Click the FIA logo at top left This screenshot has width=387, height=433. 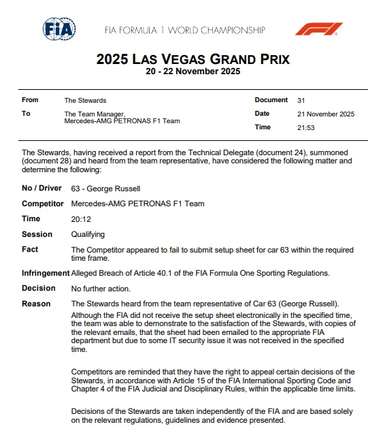pyautogui.click(x=59, y=29)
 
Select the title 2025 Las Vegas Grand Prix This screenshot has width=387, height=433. pyautogui.click(x=193, y=59)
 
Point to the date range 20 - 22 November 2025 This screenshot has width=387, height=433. pyautogui.click(x=193, y=71)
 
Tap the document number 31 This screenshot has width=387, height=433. pyautogui.click(x=301, y=100)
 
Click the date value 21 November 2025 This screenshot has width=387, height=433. pyautogui.click(x=326, y=114)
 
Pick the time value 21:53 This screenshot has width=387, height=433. pyautogui.click(x=306, y=127)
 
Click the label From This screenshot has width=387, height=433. pyautogui.click(x=30, y=100)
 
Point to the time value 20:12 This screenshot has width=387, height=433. pyautogui.click(x=81, y=219)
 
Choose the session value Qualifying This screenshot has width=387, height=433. pyautogui.click(x=88, y=234)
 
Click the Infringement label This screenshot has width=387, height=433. pyautogui.click(x=46, y=273)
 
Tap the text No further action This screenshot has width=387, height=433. pyautogui.click(x=100, y=288)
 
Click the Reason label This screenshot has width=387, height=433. pyautogui.click(x=37, y=303)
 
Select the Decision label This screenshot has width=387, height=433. pyautogui.click(x=39, y=288)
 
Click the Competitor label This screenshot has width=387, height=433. pyautogui.click(x=43, y=204)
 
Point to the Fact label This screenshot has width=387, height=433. pyautogui.click(x=30, y=250)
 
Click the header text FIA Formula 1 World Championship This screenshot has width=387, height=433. pyautogui.click(x=184, y=30)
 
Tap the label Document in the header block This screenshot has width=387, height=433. pyautogui.click(x=271, y=100)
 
